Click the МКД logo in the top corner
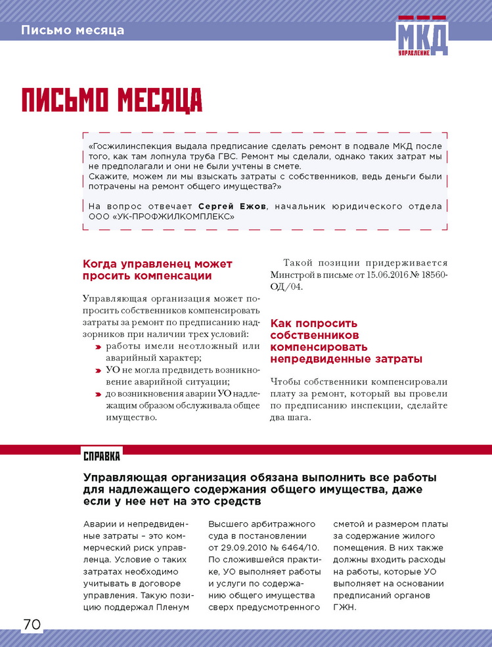tap(422, 38)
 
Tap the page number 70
tap(31, 624)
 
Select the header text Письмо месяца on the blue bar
tap(72, 30)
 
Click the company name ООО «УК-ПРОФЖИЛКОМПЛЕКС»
tap(160, 215)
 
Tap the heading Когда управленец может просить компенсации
tap(158, 270)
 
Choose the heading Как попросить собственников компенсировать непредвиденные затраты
tap(346, 341)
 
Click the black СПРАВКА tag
tap(102, 455)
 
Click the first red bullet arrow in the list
tap(97, 346)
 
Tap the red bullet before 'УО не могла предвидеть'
tap(97, 370)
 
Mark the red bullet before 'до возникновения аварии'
tap(97, 394)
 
